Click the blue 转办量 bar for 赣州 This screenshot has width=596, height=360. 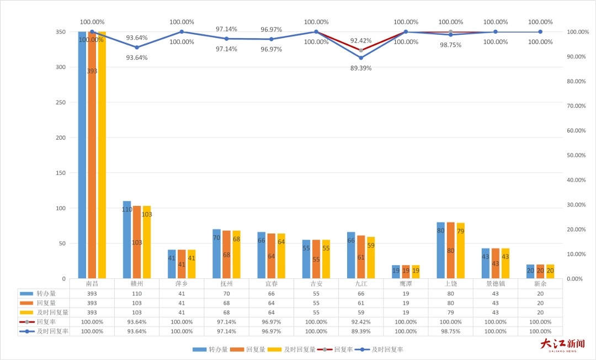coord(127,240)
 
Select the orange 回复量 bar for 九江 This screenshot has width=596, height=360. coord(361,257)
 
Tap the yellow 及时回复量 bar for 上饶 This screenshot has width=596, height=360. coord(460,251)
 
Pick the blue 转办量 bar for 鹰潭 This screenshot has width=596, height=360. coord(396,272)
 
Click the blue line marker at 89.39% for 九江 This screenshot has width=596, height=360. coord(361,58)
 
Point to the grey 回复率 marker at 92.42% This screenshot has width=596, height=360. coord(361,50)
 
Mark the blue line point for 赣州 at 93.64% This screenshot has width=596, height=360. coord(137,47)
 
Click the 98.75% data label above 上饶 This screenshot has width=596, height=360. coord(450,45)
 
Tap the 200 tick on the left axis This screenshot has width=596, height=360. coord(61,137)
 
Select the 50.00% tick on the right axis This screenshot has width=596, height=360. coord(576,155)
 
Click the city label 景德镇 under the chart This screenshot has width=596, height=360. coord(495,284)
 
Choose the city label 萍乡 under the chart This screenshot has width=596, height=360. coord(182,284)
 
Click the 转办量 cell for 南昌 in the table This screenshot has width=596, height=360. coord(92,294)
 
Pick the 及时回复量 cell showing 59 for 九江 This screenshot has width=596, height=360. coord(361,313)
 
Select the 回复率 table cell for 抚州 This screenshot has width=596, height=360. coord(227,322)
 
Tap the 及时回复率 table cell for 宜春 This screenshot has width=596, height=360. coord(272,331)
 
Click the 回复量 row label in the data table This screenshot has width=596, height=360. coord(46,303)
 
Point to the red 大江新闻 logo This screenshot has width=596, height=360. coord(563,345)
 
